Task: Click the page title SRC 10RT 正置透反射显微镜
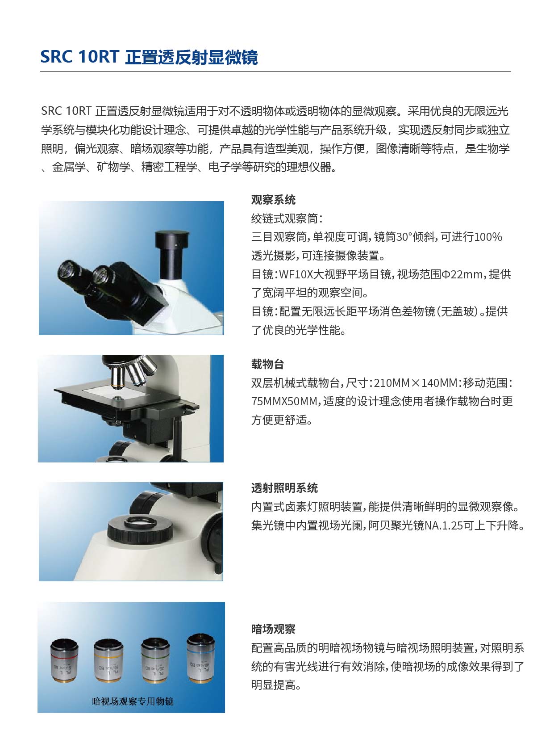pyautogui.click(x=149, y=57)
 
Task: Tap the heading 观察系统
pyautogui.click(x=273, y=200)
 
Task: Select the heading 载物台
pyautogui.click(x=267, y=364)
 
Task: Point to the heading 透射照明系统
pyautogui.click(x=284, y=488)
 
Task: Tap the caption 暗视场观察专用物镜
pyautogui.click(x=133, y=702)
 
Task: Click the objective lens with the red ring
pyautogui.click(x=64, y=661)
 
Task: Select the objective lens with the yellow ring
pyautogui.click(x=108, y=661)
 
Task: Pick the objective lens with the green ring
pyautogui.click(x=155, y=661)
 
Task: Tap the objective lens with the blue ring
pyautogui.click(x=200, y=658)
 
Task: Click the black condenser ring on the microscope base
pyautogui.click(x=140, y=528)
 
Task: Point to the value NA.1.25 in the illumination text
pyautogui.click(x=444, y=525)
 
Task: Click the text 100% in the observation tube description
pyautogui.click(x=488, y=237)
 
